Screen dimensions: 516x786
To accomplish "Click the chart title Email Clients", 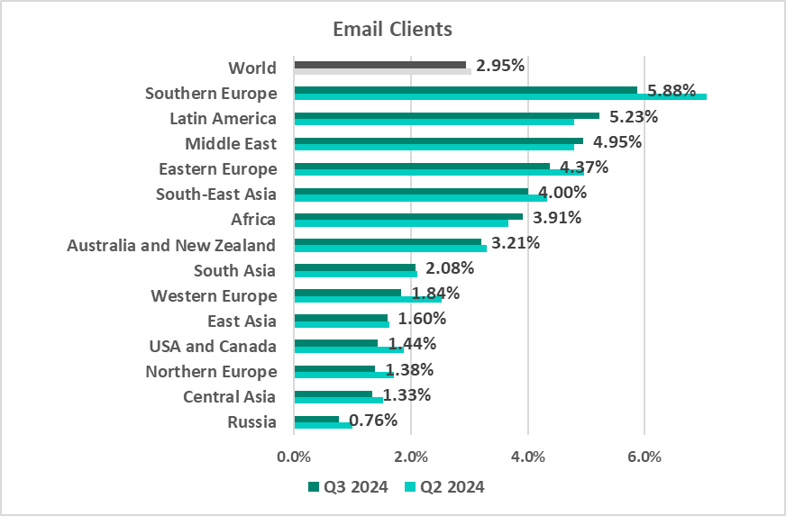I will pyautogui.click(x=392, y=29).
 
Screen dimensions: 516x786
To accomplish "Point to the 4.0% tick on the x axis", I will pyautogui.click(x=528, y=456).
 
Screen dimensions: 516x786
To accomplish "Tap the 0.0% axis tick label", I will pyautogui.click(x=294, y=456).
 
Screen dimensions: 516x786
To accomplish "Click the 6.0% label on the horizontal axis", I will pyautogui.click(x=644, y=456).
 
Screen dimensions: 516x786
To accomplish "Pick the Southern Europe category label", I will pyautogui.click(x=211, y=93).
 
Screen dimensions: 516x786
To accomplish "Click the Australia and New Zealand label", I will pyautogui.click(x=171, y=245).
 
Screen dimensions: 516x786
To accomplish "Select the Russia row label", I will pyautogui.click(x=251, y=421).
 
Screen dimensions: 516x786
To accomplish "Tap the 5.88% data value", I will pyautogui.click(x=666, y=91).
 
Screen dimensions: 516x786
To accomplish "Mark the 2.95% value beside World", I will pyautogui.click(x=500, y=66).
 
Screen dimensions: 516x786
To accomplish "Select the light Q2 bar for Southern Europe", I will pyautogui.click(x=500, y=96).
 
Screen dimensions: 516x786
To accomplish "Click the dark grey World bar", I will pyautogui.click(x=379, y=65).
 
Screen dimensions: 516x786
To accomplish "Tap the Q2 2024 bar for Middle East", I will pyautogui.click(x=434, y=147).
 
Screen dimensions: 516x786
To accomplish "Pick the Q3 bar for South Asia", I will pyautogui.click(x=354, y=267).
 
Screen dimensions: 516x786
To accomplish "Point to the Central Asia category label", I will pyautogui.click(x=230, y=396).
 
